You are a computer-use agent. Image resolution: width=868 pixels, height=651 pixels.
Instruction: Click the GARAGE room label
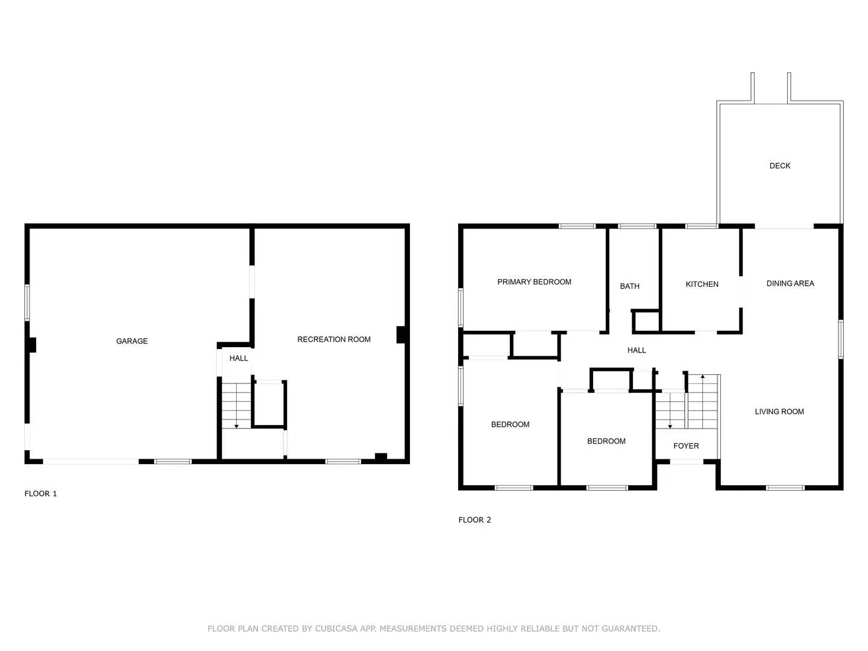pyautogui.click(x=131, y=341)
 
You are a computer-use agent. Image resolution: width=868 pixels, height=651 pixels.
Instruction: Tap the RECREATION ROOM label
pyautogui.click(x=334, y=339)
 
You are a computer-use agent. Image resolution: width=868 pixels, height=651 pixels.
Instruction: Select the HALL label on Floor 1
pyautogui.click(x=239, y=358)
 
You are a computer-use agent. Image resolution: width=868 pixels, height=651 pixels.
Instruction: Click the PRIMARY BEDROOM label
pyautogui.click(x=534, y=281)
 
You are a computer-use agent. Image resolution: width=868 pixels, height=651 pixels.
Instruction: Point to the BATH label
pyautogui.click(x=629, y=286)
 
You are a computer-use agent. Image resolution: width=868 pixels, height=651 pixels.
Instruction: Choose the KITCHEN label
pyautogui.click(x=702, y=284)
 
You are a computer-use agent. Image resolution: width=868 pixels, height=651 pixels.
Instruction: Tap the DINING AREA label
pyautogui.click(x=790, y=283)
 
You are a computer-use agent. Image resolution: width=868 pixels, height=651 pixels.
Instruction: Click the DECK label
pyautogui.click(x=779, y=166)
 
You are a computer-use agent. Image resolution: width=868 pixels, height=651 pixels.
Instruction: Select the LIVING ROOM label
pyautogui.click(x=779, y=412)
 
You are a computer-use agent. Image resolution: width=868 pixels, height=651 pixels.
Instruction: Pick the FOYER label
pyautogui.click(x=686, y=446)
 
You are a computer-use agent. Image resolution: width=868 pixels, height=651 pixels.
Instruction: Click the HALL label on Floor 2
pyautogui.click(x=637, y=350)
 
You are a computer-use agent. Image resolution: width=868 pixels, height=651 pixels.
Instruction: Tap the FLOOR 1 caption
pyautogui.click(x=40, y=494)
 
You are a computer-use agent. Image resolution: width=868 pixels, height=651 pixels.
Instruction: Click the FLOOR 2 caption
pyautogui.click(x=474, y=520)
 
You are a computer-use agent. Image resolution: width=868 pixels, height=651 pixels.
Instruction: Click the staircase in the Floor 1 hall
pyautogui.click(x=236, y=404)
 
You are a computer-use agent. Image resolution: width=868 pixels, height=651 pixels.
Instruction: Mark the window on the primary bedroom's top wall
pyautogui.click(x=577, y=227)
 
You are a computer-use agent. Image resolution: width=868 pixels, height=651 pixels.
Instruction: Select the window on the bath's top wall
pyautogui.click(x=637, y=227)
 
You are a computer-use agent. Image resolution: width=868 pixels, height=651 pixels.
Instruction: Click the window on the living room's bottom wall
pyautogui.click(x=785, y=487)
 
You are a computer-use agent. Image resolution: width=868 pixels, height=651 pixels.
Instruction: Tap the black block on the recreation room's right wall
pyautogui.click(x=400, y=335)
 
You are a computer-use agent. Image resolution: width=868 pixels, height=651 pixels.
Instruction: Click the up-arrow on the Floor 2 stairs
pyautogui.click(x=702, y=377)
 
